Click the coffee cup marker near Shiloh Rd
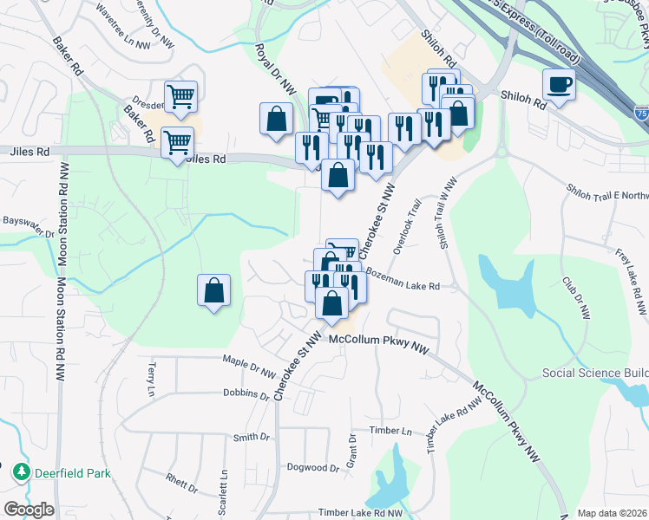(x=558, y=85)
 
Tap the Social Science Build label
(x=595, y=373)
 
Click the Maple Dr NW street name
(x=248, y=366)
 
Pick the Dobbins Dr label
(x=246, y=394)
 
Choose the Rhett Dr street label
(x=182, y=482)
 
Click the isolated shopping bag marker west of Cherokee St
(x=213, y=291)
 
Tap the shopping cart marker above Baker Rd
(x=180, y=96)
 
